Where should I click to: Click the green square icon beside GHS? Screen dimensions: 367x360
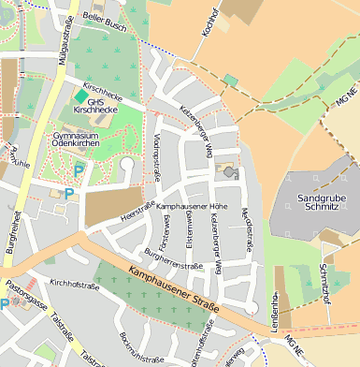pyautogui.click(x=80, y=95)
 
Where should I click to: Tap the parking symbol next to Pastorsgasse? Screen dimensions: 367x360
pyautogui.click(x=5, y=304)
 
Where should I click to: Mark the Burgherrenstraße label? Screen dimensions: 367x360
pyautogui.click(x=174, y=259)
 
